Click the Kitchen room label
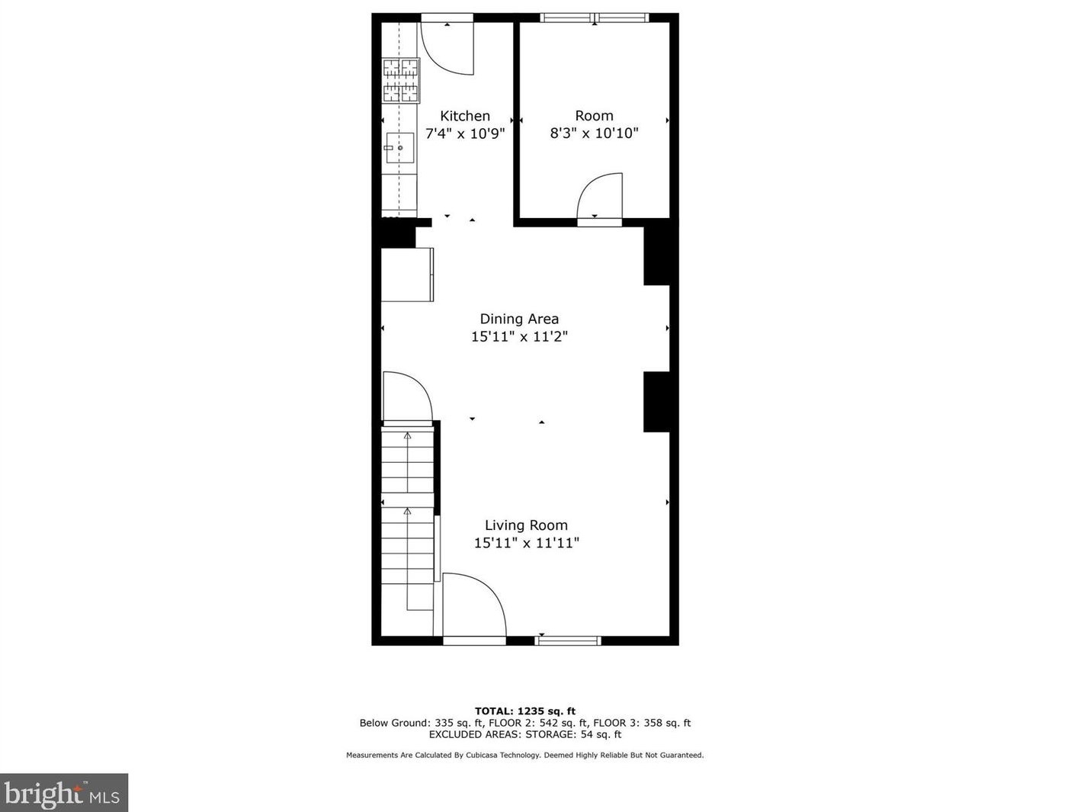coord(465,116)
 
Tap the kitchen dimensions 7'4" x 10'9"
coord(465,133)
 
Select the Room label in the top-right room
coord(594,116)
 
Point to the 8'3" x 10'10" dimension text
coord(594,133)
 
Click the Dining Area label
coord(519,319)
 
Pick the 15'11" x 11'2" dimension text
coord(519,336)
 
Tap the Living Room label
coord(526,525)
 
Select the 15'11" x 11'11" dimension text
coord(526,543)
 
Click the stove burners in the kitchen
coord(401,81)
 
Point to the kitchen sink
coord(399,148)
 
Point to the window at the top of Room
coord(595,18)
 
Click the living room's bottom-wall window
coord(568,640)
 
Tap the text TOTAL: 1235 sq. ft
coord(525,711)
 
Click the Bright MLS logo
coord(63,794)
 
